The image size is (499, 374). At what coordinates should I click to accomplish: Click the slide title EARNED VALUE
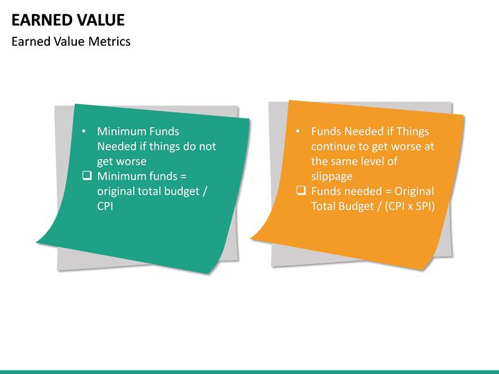68,19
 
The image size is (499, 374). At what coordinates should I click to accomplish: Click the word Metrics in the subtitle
110,42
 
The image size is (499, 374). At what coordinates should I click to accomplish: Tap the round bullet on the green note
84,131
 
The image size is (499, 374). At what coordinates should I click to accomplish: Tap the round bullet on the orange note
297,131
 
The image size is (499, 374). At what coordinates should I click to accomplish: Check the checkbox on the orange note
301,190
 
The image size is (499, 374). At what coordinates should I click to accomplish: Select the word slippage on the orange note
331,176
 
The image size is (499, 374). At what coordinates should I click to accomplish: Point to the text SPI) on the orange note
423,206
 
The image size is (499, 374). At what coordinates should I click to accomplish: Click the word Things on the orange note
413,131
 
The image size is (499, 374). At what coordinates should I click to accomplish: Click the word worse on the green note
132,161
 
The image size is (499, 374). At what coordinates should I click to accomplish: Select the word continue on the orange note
333,146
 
